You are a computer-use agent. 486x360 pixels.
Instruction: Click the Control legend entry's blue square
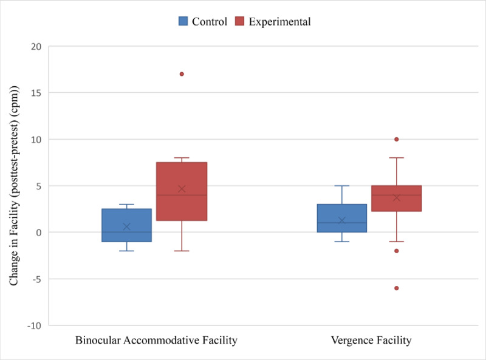(x=183, y=21)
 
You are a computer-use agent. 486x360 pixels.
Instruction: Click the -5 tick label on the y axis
(x=35, y=279)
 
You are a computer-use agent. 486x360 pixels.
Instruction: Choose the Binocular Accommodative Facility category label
(x=156, y=341)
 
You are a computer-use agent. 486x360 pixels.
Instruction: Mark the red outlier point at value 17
(x=182, y=74)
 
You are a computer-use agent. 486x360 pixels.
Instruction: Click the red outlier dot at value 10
(x=397, y=139)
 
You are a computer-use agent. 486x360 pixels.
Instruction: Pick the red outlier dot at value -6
(x=397, y=288)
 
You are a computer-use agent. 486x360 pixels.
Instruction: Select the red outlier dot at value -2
(x=397, y=251)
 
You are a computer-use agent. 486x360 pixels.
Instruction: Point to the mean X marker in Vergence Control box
(x=341, y=220)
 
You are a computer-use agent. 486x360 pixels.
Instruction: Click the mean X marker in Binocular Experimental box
(x=181, y=189)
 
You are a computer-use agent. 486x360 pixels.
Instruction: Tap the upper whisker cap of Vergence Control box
(x=341, y=186)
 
